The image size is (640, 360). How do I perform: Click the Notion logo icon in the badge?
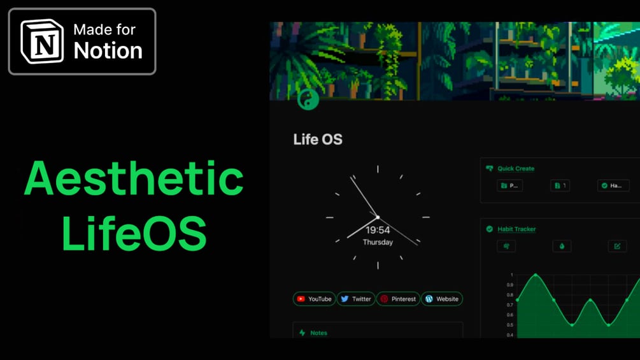tap(43, 41)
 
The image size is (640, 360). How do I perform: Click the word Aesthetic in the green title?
tap(134, 178)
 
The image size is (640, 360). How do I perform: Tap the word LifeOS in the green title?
tap(134, 233)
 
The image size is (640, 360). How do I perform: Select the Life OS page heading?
tap(318, 140)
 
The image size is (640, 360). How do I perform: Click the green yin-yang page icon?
tap(308, 99)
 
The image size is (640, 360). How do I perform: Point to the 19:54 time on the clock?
tap(378, 230)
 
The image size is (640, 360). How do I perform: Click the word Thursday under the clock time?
tap(378, 243)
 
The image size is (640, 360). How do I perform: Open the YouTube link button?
tap(314, 299)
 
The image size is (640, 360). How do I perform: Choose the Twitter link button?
tap(355, 299)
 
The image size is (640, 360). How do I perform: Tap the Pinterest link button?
tap(398, 299)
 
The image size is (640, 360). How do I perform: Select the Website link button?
tap(441, 299)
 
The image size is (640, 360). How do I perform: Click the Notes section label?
tap(318, 333)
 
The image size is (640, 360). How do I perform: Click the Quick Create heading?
tap(516, 169)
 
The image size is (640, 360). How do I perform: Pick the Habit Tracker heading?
tap(516, 229)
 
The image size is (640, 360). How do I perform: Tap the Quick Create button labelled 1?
tap(560, 185)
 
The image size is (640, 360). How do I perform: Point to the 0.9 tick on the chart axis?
tap(510, 285)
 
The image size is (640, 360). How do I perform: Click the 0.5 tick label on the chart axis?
tap(510, 325)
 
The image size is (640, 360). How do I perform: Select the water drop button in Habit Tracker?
tap(562, 246)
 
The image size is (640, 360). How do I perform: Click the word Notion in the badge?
tap(108, 51)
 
